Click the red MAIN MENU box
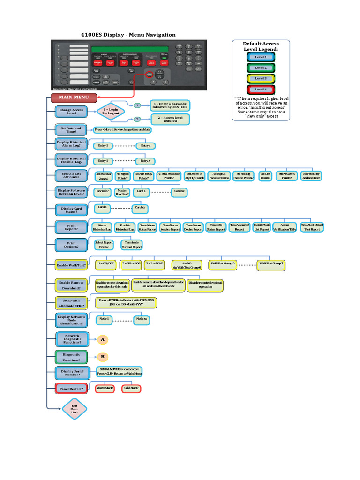tap(74, 97)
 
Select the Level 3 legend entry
tap(261, 79)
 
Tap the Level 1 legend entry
tap(261, 57)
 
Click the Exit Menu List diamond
tap(75, 409)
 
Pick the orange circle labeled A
tap(102, 339)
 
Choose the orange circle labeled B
tap(102, 356)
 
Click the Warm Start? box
tap(105, 389)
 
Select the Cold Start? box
tap(132, 389)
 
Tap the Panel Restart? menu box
tap(71, 389)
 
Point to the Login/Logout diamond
tap(108, 111)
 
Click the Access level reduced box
tap(170, 119)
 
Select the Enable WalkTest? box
tap(71, 265)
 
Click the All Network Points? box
tap(286, 176)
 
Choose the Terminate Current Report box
tap(132, 244)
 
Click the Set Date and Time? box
tap(71, 130)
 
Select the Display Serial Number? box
tap(71, 373)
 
